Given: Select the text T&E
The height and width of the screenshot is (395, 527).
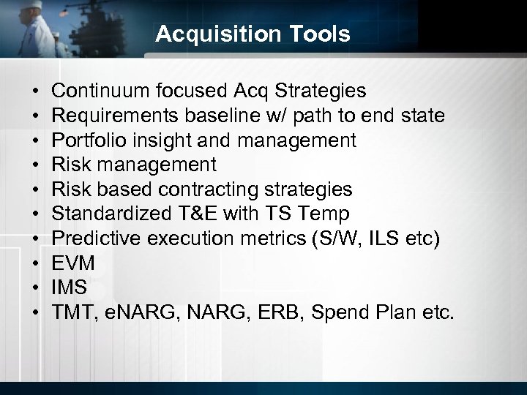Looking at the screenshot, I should (195, 214).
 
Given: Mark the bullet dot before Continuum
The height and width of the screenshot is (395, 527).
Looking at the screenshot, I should (36, 91).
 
